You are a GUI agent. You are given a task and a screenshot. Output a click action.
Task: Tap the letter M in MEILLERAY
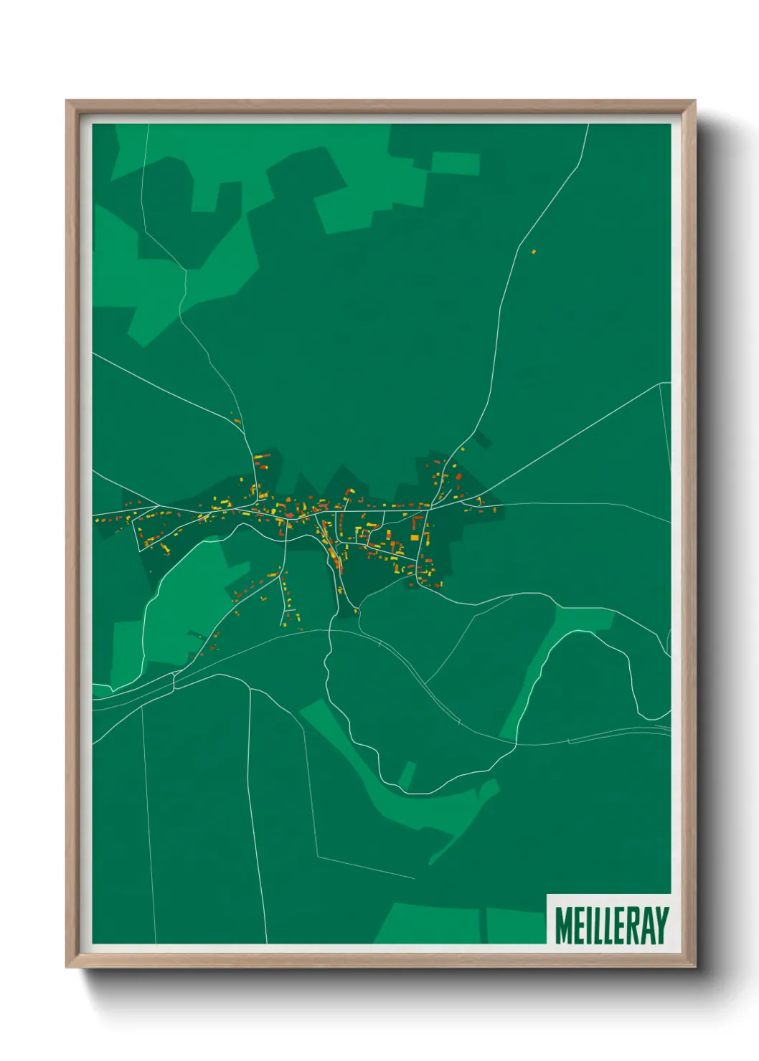pyautogui.click(x=563, y=926)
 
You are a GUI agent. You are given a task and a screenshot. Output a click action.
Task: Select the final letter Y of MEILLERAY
pyautogui.click(x=661, y=926)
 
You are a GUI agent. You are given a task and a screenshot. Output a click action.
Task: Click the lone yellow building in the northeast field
pyautogui.click(x=533, y=251)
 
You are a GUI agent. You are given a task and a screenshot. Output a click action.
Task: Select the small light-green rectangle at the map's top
pyautogui.click(x=455, y=163)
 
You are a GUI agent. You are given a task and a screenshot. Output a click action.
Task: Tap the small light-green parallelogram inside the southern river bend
pyautogui.click(x=407, y=774)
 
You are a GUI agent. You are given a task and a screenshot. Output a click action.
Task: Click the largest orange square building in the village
pyautogui.click(x=414, y=537)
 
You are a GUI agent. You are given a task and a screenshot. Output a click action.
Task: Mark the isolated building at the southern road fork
pyautogui.click(x=355, y=612)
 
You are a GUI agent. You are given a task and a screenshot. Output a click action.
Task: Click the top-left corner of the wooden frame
pyautogui.click(x=67, y=101)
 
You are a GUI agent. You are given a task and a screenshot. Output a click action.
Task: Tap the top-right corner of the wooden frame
pyautogui.click(x=694, y=101)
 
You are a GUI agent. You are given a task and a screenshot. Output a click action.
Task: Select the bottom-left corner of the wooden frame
pyautogui.click(x=67, y=967)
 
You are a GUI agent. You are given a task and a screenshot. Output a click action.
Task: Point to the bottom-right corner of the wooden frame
pyautogui.click(x=694, y=967)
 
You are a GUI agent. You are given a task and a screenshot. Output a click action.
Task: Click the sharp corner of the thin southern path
pyautogui.click(x=317, y=856)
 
